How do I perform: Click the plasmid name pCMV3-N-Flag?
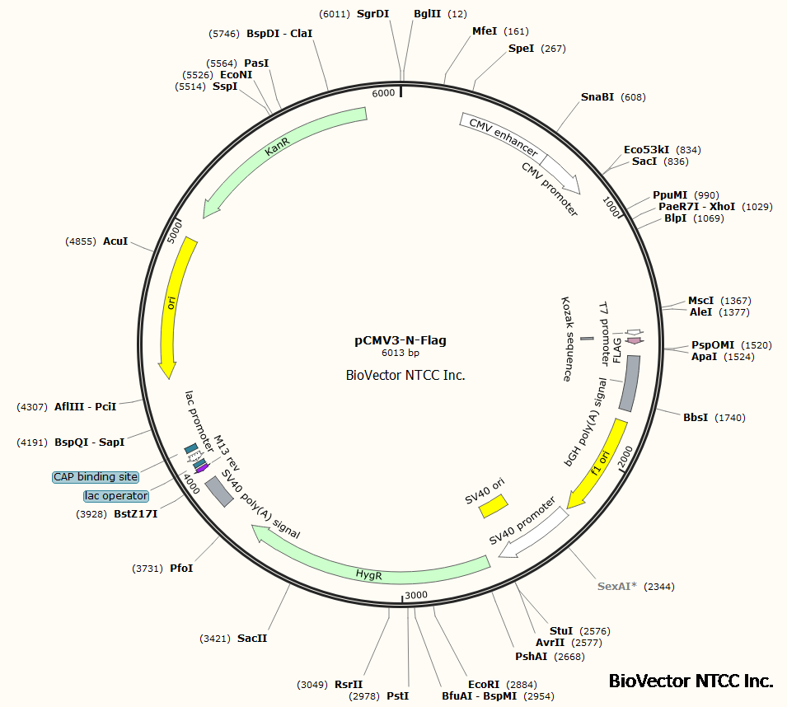pos(401,339)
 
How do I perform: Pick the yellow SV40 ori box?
pos(494,507)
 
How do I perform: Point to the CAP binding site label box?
pos(96,477)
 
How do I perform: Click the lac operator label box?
pos(116,496)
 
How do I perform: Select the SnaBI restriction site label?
pos(597,97)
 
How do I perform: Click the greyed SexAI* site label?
pos(617,587)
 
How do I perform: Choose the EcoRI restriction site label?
pos(484,685)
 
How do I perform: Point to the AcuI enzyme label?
pos(115,241)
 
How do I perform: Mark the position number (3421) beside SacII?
pos(214,639)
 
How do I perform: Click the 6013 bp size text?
pos(401,353)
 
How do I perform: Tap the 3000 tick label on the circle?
pos(416,595)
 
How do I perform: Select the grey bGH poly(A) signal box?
pos(628,383)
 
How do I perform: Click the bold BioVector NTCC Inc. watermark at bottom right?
pos(691,681)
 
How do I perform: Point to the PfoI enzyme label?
pos(180,569)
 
